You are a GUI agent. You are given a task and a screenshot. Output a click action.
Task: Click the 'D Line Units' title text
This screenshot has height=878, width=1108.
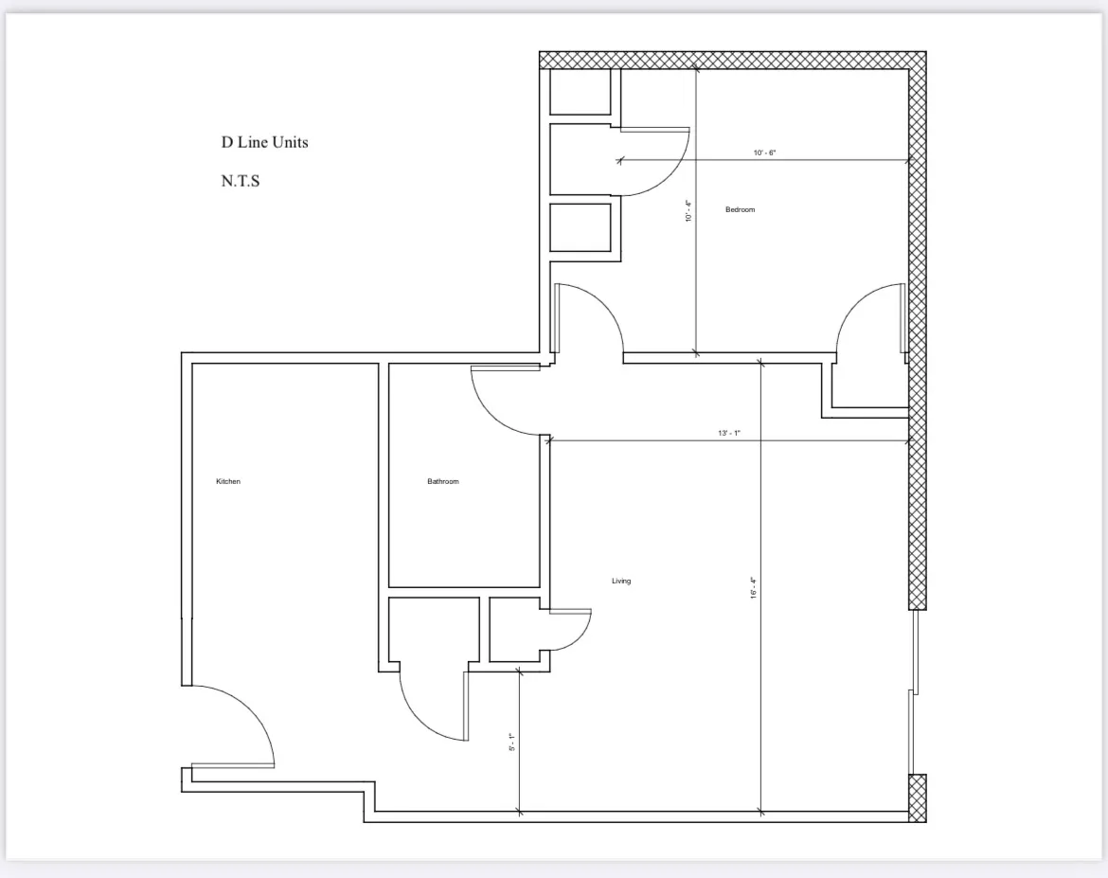point(265,143)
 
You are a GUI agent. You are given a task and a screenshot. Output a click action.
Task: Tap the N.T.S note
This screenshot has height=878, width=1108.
point(241,182)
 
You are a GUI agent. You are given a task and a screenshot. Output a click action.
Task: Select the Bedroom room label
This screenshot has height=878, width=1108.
point(741,209)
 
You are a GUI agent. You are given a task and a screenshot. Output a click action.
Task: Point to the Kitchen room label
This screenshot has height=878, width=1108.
point(228,482)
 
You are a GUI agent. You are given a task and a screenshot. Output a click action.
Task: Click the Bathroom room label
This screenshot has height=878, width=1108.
point(442,482)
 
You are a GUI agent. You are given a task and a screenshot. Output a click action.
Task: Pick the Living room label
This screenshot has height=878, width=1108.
point(621,581)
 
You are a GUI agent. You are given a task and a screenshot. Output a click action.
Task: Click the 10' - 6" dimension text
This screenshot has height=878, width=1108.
point(765,152)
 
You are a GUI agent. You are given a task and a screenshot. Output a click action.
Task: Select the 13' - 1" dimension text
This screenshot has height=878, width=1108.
point(728,433)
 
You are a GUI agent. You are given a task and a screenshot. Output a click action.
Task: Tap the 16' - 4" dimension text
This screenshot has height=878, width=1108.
point(754,588)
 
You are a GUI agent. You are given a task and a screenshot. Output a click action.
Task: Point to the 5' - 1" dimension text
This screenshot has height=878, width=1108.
point(511,742)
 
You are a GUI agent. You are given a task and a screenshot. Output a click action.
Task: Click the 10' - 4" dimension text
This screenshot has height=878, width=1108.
point(688,210)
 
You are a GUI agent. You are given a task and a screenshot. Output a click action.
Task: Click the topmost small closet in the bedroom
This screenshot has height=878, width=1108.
point(581,92)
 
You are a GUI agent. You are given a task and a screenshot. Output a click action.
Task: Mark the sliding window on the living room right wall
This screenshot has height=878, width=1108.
point(913,691)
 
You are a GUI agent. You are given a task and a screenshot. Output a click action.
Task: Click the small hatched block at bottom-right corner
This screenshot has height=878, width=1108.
point(917,797)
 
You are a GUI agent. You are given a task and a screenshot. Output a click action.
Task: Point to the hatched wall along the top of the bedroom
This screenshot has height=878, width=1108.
point(729,60)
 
